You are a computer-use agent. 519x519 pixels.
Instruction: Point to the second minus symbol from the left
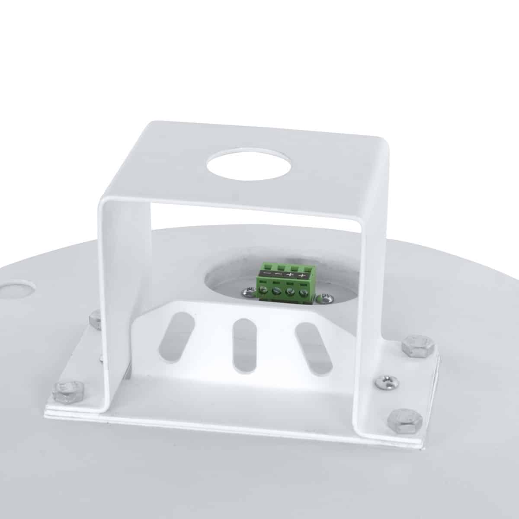(x=278, y=275)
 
